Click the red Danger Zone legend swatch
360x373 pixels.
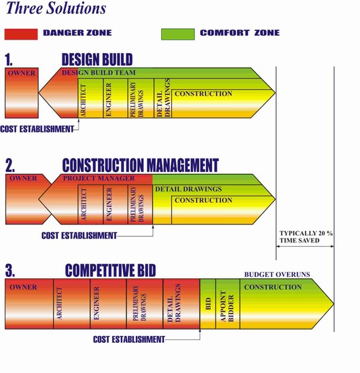click(21, 34)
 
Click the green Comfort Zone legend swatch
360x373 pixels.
click(178, 34)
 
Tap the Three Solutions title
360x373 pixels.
click(56, 8)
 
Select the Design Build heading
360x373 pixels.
click(97, 59)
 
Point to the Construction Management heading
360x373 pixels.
click(140, 165)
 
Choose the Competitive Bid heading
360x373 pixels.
click(110, 270)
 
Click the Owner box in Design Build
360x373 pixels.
click(21, 93)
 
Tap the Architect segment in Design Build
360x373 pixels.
click(91, 98)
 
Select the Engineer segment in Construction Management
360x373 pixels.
click(116, 204)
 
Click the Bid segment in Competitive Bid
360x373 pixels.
click(208, 304)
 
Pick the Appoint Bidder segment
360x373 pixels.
click(228, 304)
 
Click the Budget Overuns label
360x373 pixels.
click(277, 274)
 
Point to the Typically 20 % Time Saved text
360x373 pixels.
click(306, 237)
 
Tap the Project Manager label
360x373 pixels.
click(99, 178)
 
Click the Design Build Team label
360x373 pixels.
click(99, 73)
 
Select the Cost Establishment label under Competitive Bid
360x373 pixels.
click(129, 339)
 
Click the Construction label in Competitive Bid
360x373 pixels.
click(273, 287)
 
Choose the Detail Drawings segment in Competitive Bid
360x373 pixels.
click(181, 304)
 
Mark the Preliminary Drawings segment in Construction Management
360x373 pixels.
click(140, 204)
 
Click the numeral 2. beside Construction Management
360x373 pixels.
click(10, 165)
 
